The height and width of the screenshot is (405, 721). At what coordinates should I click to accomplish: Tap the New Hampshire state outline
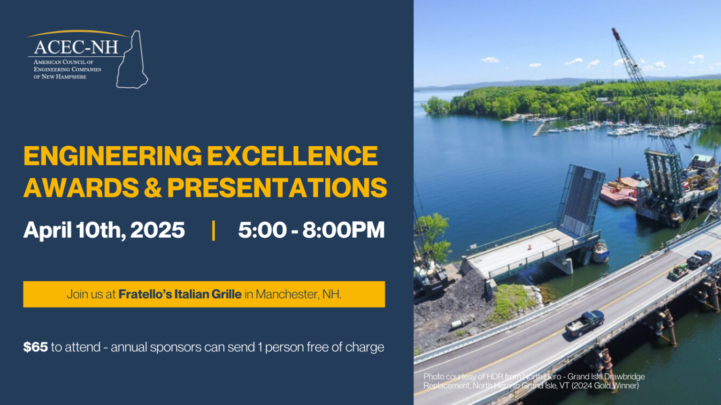133,61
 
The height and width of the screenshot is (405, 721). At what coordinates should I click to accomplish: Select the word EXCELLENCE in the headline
292,156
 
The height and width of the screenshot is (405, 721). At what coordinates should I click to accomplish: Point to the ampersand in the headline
153,188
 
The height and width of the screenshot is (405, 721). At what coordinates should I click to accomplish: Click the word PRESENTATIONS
277,188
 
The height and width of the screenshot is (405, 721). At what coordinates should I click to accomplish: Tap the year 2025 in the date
157,230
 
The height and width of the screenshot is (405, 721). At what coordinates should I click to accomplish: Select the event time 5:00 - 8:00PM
311,230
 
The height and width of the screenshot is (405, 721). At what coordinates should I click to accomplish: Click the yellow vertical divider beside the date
214,230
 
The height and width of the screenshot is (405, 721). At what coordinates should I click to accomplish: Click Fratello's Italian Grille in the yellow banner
180,294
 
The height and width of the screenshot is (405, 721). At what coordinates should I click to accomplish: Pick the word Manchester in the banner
286,294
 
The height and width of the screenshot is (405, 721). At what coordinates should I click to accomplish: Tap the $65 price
36,347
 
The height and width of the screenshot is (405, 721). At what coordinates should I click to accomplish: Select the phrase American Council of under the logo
63,62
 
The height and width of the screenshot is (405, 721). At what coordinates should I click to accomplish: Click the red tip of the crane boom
615,32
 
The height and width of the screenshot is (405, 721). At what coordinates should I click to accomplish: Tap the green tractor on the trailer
678,272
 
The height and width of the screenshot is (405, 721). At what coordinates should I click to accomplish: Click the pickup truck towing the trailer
699,258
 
